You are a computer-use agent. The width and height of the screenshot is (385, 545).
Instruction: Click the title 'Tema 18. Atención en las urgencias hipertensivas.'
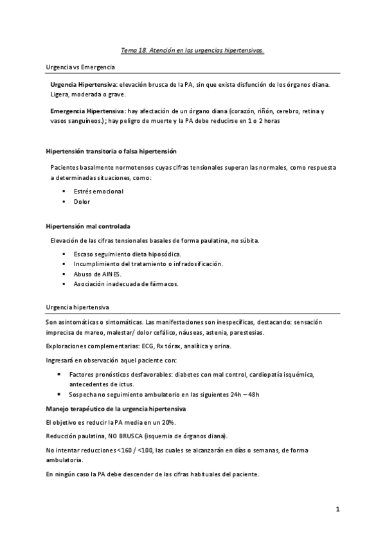(x=192, y=49)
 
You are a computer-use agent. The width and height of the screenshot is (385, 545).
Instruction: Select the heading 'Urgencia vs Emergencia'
(x=80, y=67)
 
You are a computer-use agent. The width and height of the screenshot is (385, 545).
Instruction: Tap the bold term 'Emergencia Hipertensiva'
(x=87, y=111)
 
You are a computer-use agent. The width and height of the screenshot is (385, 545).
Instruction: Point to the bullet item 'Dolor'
(x=82, y=202)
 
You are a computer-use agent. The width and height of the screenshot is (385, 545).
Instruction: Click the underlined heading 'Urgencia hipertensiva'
(x=77, y=308)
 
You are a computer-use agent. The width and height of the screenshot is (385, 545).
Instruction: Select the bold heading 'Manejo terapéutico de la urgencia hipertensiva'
(x=116, y=409)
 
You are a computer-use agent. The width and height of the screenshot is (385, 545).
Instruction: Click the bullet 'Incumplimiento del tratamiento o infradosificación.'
(x=148, y=264)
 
